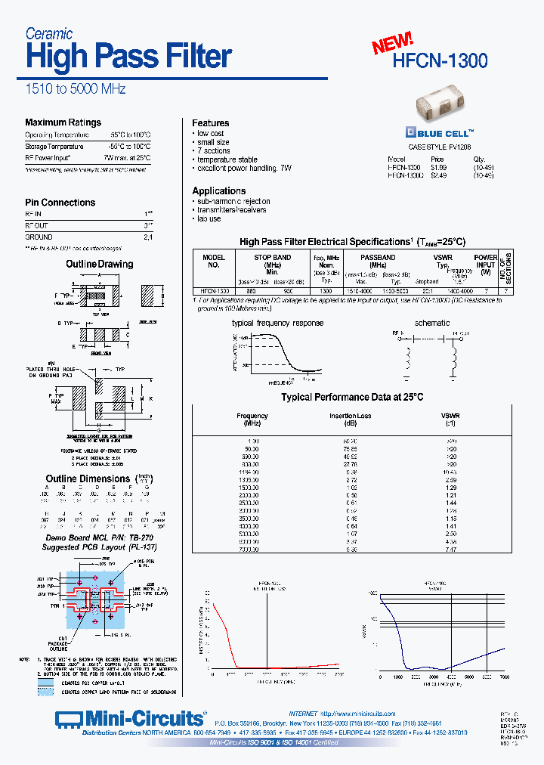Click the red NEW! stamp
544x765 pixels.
click(x=392, y=45)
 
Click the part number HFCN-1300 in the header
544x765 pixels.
click(x=440, y=60)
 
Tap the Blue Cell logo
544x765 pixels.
click(x=440, y=129)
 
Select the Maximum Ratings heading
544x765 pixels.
click(x=63, y=122)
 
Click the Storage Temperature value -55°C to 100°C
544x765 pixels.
click(x=129, y=146)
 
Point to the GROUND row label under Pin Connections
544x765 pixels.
click(x=39, y=237)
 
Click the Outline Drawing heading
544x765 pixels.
click(x=99, y=264)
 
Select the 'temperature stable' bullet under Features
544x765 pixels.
click(x=227, y=160)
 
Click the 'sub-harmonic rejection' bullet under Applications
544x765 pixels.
click(x=233, y=202)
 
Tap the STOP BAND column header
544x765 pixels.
click(x=272, y=258)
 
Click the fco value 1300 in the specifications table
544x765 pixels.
click(x=326, y=290)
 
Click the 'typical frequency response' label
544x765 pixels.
click(x=277, y=323)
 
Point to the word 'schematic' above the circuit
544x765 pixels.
click(x=432, y=323)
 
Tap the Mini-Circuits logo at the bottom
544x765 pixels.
click(x=130, y=717)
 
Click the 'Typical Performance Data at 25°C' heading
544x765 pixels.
click(x=352, y=397)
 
